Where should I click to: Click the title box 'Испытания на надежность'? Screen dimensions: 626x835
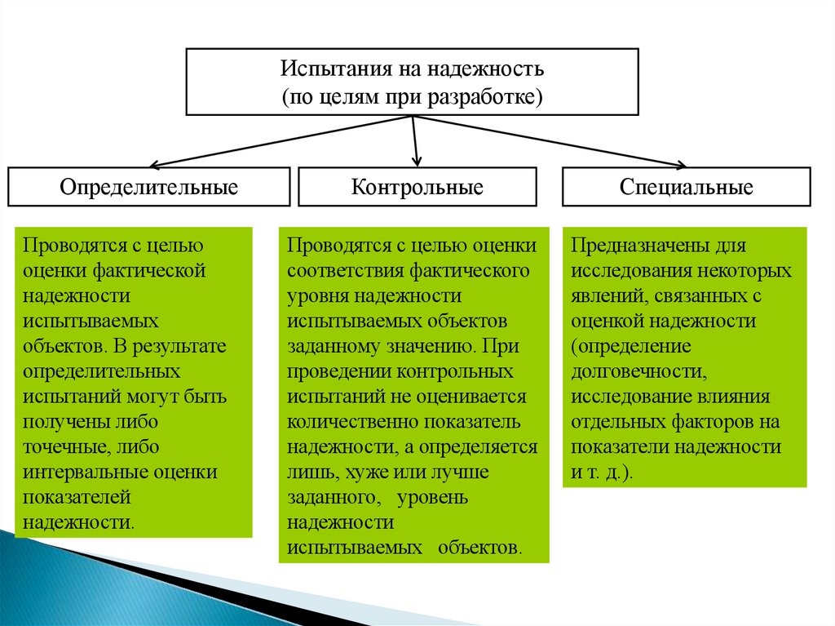(413, 82)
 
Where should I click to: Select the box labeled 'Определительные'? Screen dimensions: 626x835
(148, 187)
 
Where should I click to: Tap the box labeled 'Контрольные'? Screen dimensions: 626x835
(417, 187)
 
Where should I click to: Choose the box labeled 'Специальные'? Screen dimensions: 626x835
(686, 187)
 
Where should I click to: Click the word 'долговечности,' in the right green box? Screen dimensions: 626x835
(637, 371)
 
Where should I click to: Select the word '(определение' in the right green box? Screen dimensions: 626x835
(631, 346)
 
